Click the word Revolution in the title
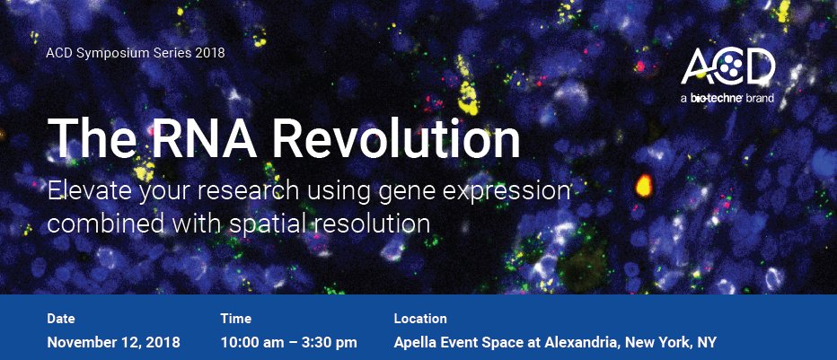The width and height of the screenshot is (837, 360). click(x=397, y=137)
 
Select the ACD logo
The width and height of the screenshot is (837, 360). click(x=727, y=66)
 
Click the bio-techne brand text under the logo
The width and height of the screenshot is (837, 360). click(x=727, y=98)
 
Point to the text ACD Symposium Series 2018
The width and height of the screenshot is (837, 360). click(x=136, y=53)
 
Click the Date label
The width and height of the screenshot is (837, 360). click(x=61, y=319)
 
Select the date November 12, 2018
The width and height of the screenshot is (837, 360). click(x=114, y=342)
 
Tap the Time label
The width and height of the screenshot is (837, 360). click(x=235, y=319)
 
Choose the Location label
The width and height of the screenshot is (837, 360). click(x=420, y=319)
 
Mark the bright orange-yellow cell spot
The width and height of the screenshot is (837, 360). click(x=644, y=185)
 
